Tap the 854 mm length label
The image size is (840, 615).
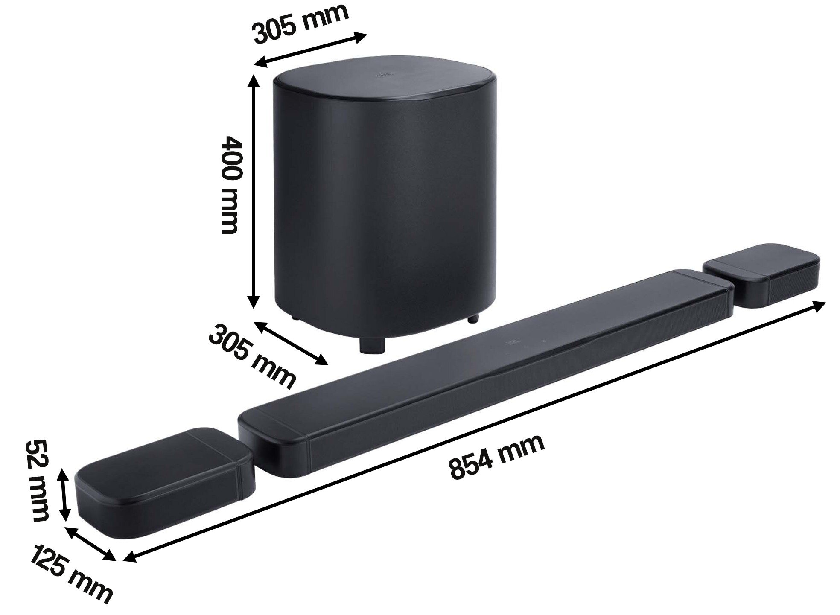(x=496, y=457)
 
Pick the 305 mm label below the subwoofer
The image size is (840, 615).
(x=252, y=357)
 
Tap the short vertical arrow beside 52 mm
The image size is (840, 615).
(x=64, y=494)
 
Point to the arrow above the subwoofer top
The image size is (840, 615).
(x=310, y=50)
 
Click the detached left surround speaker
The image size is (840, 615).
(x=164, y=473)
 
